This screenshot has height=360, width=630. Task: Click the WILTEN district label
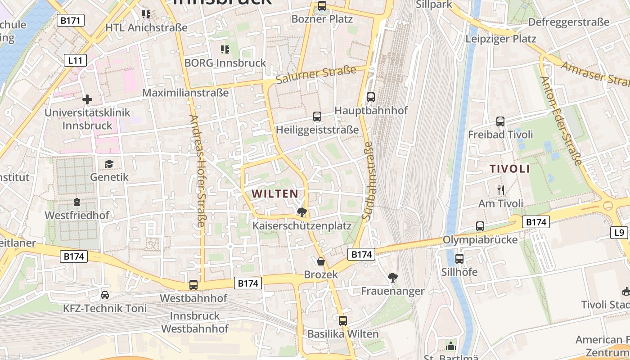click(x=274, y=194)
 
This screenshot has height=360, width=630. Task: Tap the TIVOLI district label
click(x=509, y=169)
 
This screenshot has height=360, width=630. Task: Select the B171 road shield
click(x=71, y=20)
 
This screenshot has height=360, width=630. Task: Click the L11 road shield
click(x=75, y=60)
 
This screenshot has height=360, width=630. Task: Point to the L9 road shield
click(x=619, y=232)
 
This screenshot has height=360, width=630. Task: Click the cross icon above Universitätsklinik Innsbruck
click(x=87, y=99)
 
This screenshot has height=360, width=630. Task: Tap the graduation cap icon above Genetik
click(x=109, y=164)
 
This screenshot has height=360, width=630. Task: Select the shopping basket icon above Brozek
click(x=320, y=261)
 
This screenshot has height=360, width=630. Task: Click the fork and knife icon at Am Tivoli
click(x=500, y=190)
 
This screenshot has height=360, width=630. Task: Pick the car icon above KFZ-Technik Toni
click(x=105, y=295)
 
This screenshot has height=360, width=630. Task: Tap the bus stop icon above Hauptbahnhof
click(x=371, y=97)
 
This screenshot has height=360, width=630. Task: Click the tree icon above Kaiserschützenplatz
click(x=301, y=212)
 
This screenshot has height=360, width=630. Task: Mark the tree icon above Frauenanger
click(x=393, y=278)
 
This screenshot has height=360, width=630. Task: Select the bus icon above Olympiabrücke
click(x=480, y=226)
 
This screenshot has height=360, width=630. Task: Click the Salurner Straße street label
click(x=316, y=75)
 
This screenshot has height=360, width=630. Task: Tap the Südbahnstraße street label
click(x=368, y=181)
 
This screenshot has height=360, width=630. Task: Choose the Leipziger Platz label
click(x=500, y=39)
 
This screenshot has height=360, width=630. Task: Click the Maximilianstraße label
click(x=185, y=93)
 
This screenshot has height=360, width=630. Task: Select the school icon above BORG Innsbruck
click(x=225, y=49)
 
